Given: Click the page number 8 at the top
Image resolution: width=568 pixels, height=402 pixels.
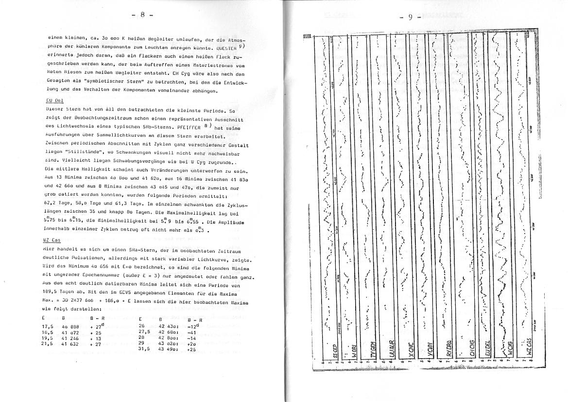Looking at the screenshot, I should pyautogui.click(x=142, y=15).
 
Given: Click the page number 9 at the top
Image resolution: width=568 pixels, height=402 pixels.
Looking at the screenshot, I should pyautogui.click(x=411, y=17).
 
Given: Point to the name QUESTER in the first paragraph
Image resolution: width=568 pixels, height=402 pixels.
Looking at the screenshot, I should pyautogui.click(x=227, y=49).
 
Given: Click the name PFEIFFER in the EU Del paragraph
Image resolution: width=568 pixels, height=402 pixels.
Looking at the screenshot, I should pyautogui.click(x=193, y=128).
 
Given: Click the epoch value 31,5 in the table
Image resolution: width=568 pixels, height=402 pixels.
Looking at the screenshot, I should pyautogui.click(x=143, y=349).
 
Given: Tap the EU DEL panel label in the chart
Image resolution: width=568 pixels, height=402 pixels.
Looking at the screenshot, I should pyautogui.click(x=489, y=347).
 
